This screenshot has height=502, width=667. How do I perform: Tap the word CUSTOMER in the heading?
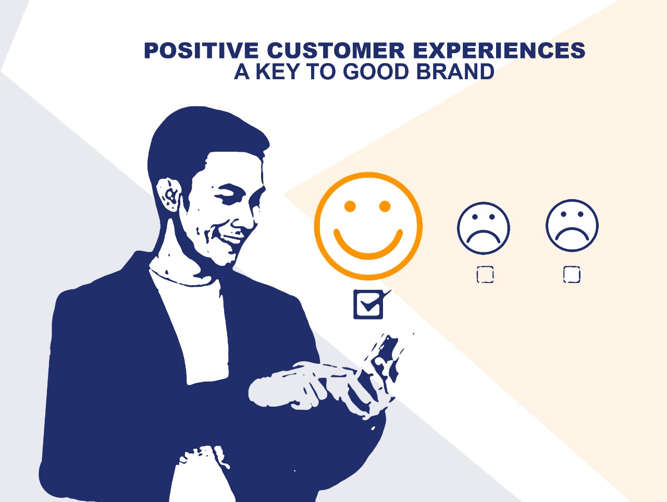coord(336,51)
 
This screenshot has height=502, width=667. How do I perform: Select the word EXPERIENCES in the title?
coord(499,51)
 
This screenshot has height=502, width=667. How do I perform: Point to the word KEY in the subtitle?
coord(278,72)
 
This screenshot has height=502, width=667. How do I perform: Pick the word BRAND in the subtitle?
coord(455,72)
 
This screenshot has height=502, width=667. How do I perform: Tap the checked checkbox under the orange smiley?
coord(368,304)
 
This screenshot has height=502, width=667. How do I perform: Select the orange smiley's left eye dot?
coord(350,206)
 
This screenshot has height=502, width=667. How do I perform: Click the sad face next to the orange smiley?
coord(483,228)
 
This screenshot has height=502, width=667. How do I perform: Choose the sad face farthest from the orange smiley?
coord(572,226)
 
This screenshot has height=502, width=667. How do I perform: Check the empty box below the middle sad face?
coord(485,275)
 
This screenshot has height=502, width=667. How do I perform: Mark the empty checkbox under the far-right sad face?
coord(572,274)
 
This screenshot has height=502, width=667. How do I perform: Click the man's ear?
coord(170,195)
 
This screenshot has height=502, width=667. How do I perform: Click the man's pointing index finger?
coord(333,371)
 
